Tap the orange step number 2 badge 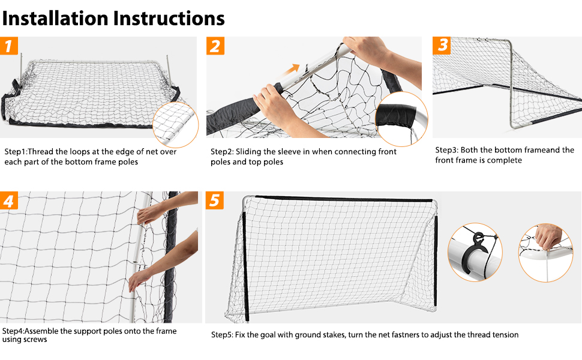pyautogui.click(x=216, y=46)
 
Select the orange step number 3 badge pyautogui.click(x=442, y=45)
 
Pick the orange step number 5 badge pyautogui.click(x=215, y=200)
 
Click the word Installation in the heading pyautogui.click(x=55, y=18)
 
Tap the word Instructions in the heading pyautogui.click(x=169, y=18)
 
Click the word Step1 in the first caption pyautogui.click(x=14, y=152)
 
